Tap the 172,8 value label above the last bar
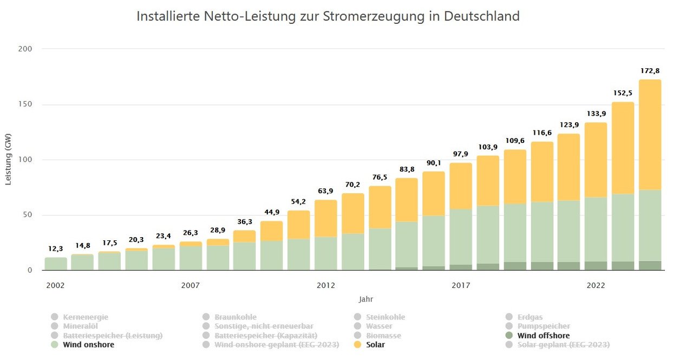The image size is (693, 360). click(x=650, y=71)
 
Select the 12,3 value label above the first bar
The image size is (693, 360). click(x=56, y=248)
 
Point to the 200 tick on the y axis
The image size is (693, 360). click(x=26, y=49)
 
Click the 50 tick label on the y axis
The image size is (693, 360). click(x=28, y=215)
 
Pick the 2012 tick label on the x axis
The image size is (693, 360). click(x=326, y=285)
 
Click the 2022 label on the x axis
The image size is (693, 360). click(x=596, y=285)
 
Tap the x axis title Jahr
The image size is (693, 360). click(x=365, y=299)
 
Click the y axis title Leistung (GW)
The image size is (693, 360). click(x=8, y=160)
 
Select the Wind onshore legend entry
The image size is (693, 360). click(x=88, y=345)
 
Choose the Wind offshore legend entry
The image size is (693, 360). click(x=543, y=336)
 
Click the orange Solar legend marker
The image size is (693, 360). click(x=357, y=345)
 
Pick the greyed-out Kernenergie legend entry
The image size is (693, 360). click(x=86, y=317)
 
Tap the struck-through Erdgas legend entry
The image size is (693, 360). click(x=529, y=317)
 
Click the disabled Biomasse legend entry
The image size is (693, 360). click(x=383, y=336)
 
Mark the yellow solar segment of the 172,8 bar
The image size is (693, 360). click(x=650, y=135)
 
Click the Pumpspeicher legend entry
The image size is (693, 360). click(x=544, y=326)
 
